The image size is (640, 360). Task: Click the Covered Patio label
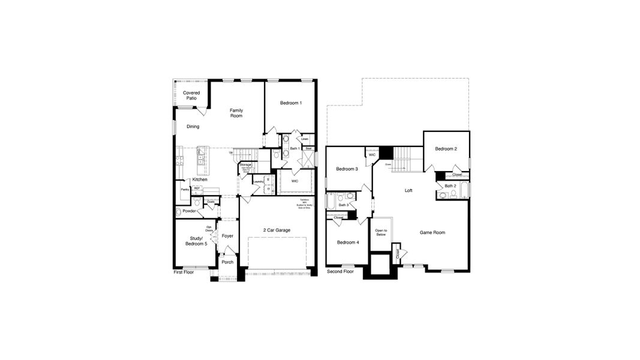click(191, 95)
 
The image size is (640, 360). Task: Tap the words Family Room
click(236, 113)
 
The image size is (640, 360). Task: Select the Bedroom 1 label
click(291, 103)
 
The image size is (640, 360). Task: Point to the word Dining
click(193, 127)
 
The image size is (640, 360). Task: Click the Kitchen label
click(200, 179)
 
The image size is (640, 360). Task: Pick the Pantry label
click(185, 190)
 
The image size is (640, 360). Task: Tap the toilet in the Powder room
click(179, 212)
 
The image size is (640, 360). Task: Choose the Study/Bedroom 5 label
click(196, 241)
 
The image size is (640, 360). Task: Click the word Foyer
click(227, 236)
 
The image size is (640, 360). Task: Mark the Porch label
click(227, 262)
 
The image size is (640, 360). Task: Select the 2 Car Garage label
click(277, 230)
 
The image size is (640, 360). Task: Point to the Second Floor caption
click(340, 272)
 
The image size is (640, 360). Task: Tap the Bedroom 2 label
click(446, 149)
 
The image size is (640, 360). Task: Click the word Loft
click(408, 190)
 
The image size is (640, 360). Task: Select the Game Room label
click(432, 232)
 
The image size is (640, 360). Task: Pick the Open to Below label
click(381, 233)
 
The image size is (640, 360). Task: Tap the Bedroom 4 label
click(348, 242)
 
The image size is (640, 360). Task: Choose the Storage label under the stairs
click(245, 164)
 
